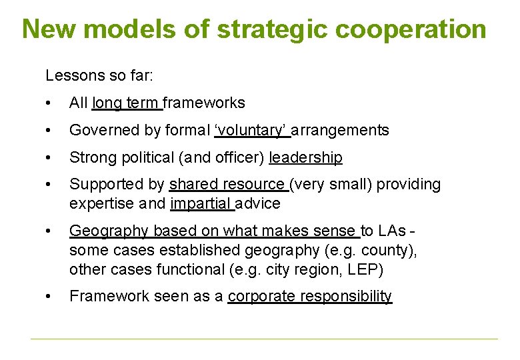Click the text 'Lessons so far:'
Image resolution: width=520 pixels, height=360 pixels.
coord(99,76)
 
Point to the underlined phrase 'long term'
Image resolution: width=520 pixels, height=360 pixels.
coord(125,103)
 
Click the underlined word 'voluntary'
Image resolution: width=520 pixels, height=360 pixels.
coord(252,131)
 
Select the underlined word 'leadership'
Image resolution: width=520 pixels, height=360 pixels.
coord(305,158)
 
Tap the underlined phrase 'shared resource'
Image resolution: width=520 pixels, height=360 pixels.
coord(227,185)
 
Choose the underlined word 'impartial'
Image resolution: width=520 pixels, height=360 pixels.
coord(201,204)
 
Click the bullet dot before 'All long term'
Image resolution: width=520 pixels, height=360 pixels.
coord(49,103)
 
